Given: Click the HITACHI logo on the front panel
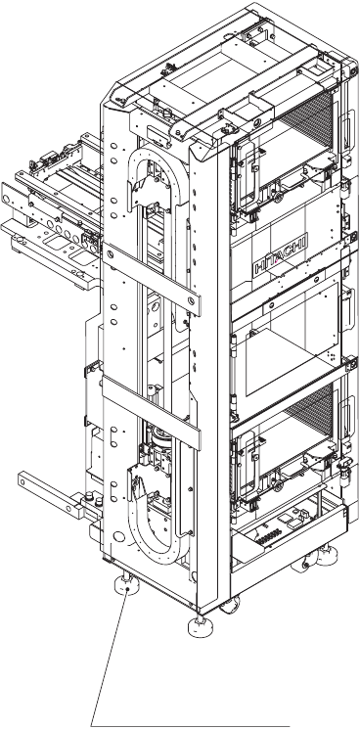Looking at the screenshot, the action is [281, 254].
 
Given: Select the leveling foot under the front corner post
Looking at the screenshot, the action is [201, 625].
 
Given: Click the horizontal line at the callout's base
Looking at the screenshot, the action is [190, 725].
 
